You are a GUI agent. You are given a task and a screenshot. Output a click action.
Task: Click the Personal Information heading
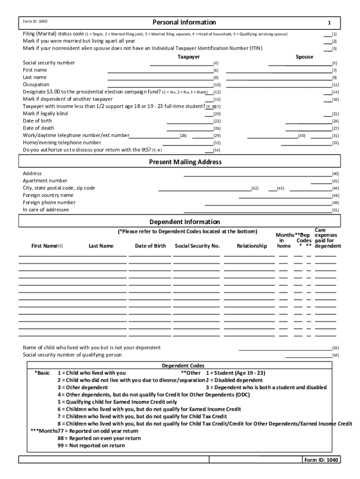[x=184, y=22]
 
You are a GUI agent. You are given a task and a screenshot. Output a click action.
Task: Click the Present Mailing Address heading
[x=185, y=162]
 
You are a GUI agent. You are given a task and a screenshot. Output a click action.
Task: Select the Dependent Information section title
[x=184, y=222]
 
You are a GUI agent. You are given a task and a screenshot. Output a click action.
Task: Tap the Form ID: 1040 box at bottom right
[x=320, y=460]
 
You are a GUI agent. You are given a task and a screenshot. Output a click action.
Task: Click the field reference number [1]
[x=334, y=35]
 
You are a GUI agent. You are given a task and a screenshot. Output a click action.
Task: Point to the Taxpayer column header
[x=188, y=57]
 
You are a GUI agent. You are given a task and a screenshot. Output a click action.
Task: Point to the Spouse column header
[x=304, y=57]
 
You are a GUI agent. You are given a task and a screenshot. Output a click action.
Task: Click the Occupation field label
[x=36, y=85]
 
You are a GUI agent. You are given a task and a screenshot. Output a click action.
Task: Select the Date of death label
[x=38, y=128]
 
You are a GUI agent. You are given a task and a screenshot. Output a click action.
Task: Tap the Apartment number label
[x=45, y=181]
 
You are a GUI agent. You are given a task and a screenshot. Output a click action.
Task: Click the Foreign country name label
[x=48, y=195]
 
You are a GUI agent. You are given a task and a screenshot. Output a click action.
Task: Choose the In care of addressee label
[x=46, y=210]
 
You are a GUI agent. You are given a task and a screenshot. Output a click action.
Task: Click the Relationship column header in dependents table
[x=252, y=246]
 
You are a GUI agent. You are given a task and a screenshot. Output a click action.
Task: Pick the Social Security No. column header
[x=197, y=246]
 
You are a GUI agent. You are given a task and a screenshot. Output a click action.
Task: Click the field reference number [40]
[x=335, y=174]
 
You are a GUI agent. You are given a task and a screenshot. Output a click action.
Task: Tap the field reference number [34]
[x=217, y=151]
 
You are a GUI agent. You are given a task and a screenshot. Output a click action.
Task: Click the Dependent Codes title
[x=183, y=365]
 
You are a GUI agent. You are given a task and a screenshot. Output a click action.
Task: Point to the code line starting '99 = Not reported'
[x=91, y=446]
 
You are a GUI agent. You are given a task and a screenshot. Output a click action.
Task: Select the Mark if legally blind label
[x=45, y=114]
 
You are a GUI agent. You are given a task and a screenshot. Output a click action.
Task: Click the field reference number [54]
[x=335, y=356]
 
